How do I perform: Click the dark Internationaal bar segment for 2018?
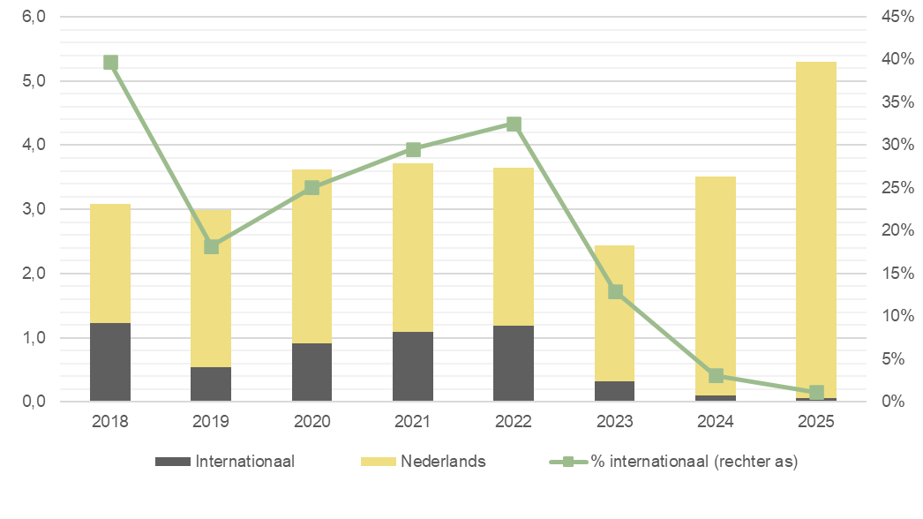(110, 363)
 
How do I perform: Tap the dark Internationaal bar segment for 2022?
(514, 364)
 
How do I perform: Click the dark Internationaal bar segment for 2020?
(311, 372)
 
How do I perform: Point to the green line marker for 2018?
(110, 62)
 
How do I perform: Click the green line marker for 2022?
(514, 124)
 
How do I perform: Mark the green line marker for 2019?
(211, 246)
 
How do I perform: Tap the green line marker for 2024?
(716, 376)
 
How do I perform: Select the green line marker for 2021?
(413, 149)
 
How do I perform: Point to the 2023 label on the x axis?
(614, 421)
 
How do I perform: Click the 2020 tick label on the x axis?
(311, 421)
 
